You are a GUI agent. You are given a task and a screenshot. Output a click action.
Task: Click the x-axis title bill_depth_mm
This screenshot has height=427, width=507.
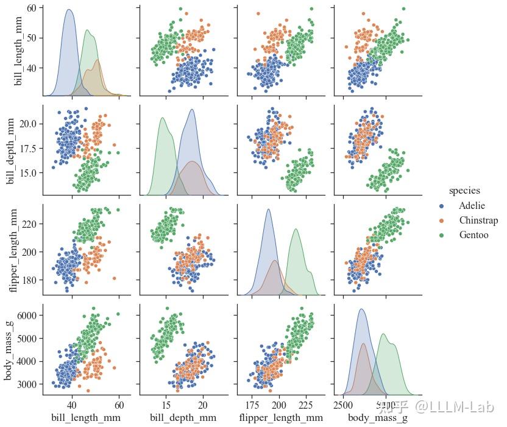click(183, 417)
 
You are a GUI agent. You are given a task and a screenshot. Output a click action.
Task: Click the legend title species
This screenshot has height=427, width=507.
click(464, 191)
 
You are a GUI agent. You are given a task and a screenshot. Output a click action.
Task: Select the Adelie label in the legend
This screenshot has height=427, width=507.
click(472, 205)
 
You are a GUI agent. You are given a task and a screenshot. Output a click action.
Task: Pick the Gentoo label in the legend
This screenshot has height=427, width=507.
click(473, 235)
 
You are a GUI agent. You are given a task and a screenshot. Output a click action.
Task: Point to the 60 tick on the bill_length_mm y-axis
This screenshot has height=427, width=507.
click(30, 8)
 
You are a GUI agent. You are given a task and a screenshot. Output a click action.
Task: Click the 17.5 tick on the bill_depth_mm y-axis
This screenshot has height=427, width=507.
click(27, 148)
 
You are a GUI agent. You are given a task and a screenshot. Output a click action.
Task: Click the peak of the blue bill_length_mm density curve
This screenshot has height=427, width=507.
click(69, 10)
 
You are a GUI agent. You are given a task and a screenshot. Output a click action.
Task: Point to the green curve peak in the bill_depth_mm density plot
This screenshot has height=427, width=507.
click(163, 118)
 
